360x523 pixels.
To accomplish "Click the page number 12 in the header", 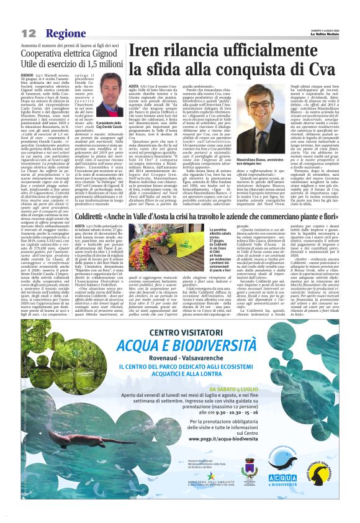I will tap(28, 32).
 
